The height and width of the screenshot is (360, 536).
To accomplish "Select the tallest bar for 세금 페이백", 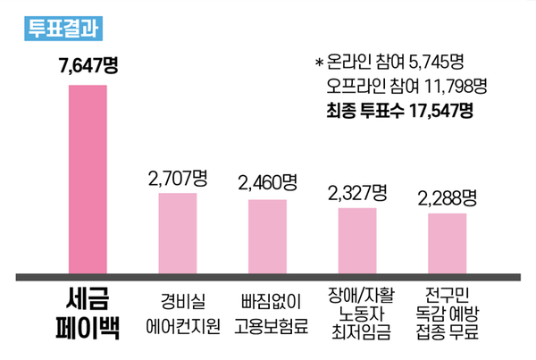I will tap(88, 179).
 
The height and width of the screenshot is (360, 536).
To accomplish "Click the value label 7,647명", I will tap(88, 67).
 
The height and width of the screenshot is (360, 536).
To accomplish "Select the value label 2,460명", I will tap(267, 183).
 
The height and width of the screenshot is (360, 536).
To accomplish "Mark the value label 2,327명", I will tap(357, 191).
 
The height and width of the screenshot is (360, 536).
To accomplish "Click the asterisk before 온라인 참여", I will tap(319, 64).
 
